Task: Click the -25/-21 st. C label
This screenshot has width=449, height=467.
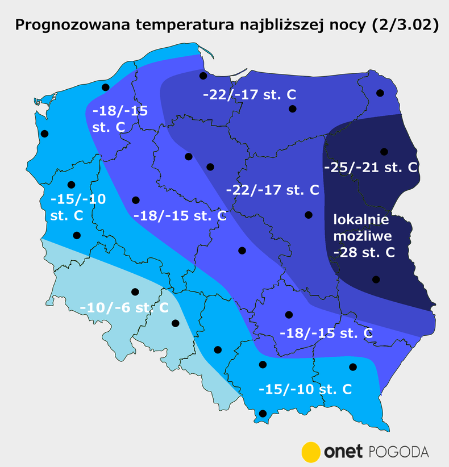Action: point(371,168)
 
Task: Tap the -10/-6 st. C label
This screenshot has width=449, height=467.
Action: point(124,307)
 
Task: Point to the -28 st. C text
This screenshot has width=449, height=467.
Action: point(364,252)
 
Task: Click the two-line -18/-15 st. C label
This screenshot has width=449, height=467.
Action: point(119,119)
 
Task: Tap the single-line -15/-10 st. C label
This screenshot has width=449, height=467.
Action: point(305,389)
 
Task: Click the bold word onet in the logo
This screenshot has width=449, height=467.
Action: point(343,452)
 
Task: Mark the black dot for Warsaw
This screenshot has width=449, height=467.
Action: point(309,215)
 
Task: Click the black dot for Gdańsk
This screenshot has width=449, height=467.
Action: point(202,76)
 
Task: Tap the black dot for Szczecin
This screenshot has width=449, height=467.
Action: point(45,134)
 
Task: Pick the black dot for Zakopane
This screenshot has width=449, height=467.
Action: point(262,414)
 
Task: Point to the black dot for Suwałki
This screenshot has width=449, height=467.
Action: point(380,93)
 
